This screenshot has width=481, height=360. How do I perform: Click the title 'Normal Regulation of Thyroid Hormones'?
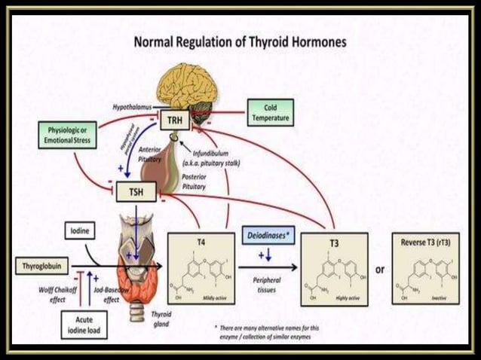click(x=240, y=42)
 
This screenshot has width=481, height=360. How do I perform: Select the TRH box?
click(x=173, y=120)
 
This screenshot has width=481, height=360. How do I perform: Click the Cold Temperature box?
click(x=268, y=114)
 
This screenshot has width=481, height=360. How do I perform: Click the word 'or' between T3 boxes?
click(x=380, y=269)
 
